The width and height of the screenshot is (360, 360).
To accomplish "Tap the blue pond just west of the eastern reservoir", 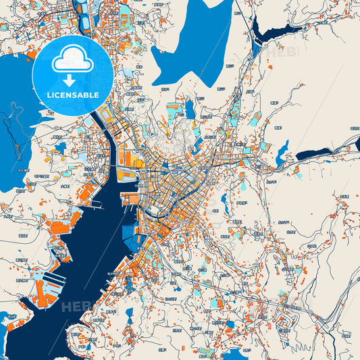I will click(x=281, y=155).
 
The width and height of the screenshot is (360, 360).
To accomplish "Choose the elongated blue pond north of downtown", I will click(x=190, y=108).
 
